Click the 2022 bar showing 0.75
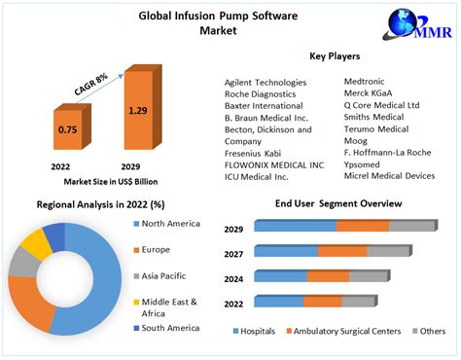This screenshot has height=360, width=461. pyautogui.click(x=67, y=135)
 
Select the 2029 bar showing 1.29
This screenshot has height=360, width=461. pyautogui.click(x=138, y=115)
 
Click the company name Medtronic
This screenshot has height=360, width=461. pyautogui.click(x=369, y=82)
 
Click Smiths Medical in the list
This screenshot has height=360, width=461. pyautogui.click(x=375, y=117)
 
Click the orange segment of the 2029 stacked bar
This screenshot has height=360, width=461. pyautogui.click(x=363, y=226)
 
